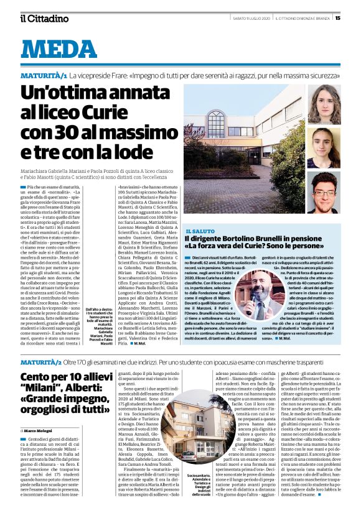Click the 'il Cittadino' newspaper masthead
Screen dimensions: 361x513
[44, 18]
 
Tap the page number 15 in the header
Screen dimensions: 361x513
[354, 18]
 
